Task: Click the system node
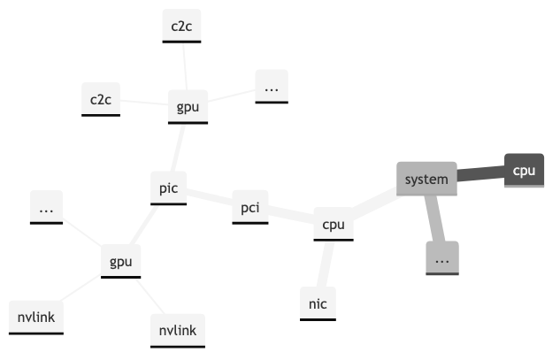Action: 426,180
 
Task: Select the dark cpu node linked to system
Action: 524,170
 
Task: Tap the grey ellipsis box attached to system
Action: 442,257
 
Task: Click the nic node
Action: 318,303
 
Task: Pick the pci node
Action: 249,208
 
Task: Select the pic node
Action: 168,188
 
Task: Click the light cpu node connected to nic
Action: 333,225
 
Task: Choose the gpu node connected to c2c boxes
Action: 188,107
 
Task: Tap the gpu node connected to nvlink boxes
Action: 120,262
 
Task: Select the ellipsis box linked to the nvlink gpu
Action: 46,209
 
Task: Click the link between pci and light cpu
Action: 290,216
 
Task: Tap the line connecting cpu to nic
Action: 326,264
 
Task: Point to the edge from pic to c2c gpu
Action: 179,149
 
